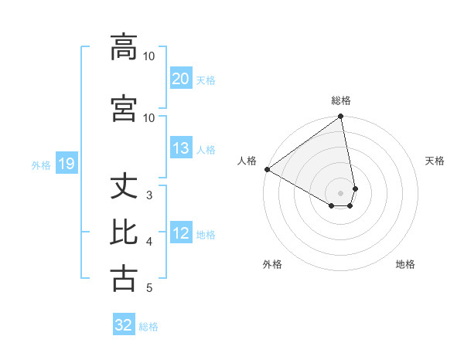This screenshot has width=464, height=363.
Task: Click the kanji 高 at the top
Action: click(x=124, y=47)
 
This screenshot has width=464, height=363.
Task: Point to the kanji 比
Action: click(x=124, y=232)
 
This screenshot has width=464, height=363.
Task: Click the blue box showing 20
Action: click(x=180, y=79)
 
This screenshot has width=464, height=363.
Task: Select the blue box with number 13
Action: click(x=180, y=148)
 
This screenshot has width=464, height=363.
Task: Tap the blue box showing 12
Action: click(x=180, y=233)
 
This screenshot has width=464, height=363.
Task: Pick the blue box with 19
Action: click(x=66, y=164)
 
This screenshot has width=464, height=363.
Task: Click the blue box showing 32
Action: click(x=124, y=325)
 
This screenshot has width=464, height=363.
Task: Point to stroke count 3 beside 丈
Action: click(x=149, y=195)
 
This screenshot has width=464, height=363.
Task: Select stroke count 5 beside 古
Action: click(x=149, y=288)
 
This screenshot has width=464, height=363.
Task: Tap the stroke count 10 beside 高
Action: click(x=149, y=56)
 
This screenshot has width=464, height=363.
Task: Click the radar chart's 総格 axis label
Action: click(x=341, y=100)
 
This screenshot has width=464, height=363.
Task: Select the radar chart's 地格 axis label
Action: click(x=405, y=264)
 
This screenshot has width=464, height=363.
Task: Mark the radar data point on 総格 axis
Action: click(x=341, y=117)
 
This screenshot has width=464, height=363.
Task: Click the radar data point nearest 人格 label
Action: click(x=267, y=169)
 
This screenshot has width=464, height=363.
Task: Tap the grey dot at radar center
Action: click(x=341, y=192)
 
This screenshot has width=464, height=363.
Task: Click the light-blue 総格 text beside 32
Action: click(x=148, y=327)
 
